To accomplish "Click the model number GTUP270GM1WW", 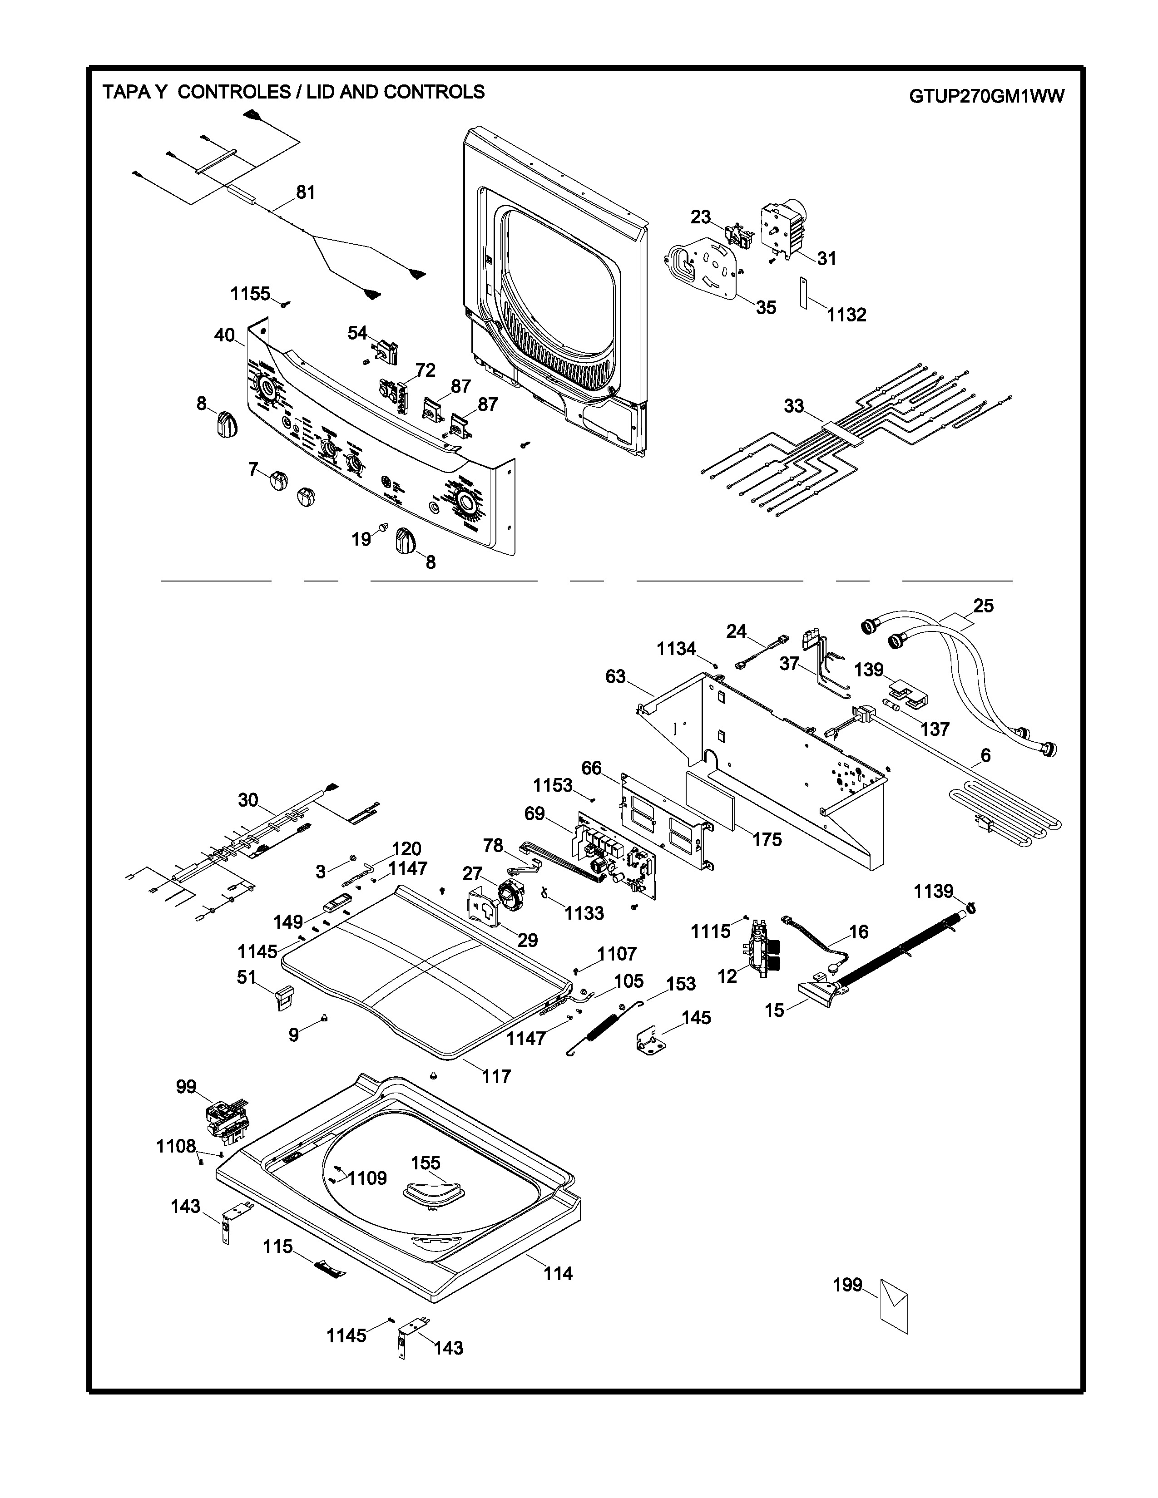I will tap(986, 97).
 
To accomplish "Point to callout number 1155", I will tap(250, 294).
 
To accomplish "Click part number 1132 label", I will tap(846, 315).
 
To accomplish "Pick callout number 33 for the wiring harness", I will tap(794, 406).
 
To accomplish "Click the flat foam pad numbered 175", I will tap(711, 801).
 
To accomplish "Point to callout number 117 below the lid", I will tap(496, 1076).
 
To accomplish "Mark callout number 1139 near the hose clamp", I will tap(933, 891).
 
